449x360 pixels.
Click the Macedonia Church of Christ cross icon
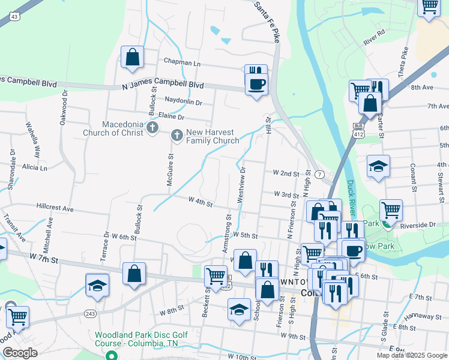(152, 127)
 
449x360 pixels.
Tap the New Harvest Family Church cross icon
(177, 136)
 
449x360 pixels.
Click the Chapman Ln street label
(182, 62)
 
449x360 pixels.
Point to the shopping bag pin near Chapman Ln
(132, 58)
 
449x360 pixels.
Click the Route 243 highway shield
(91, 313)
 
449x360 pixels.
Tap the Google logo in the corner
(20, 353)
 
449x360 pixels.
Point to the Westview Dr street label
(243, 184)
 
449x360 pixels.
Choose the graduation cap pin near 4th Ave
(378, 167)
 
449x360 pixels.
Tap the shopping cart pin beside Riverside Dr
(391, 211)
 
